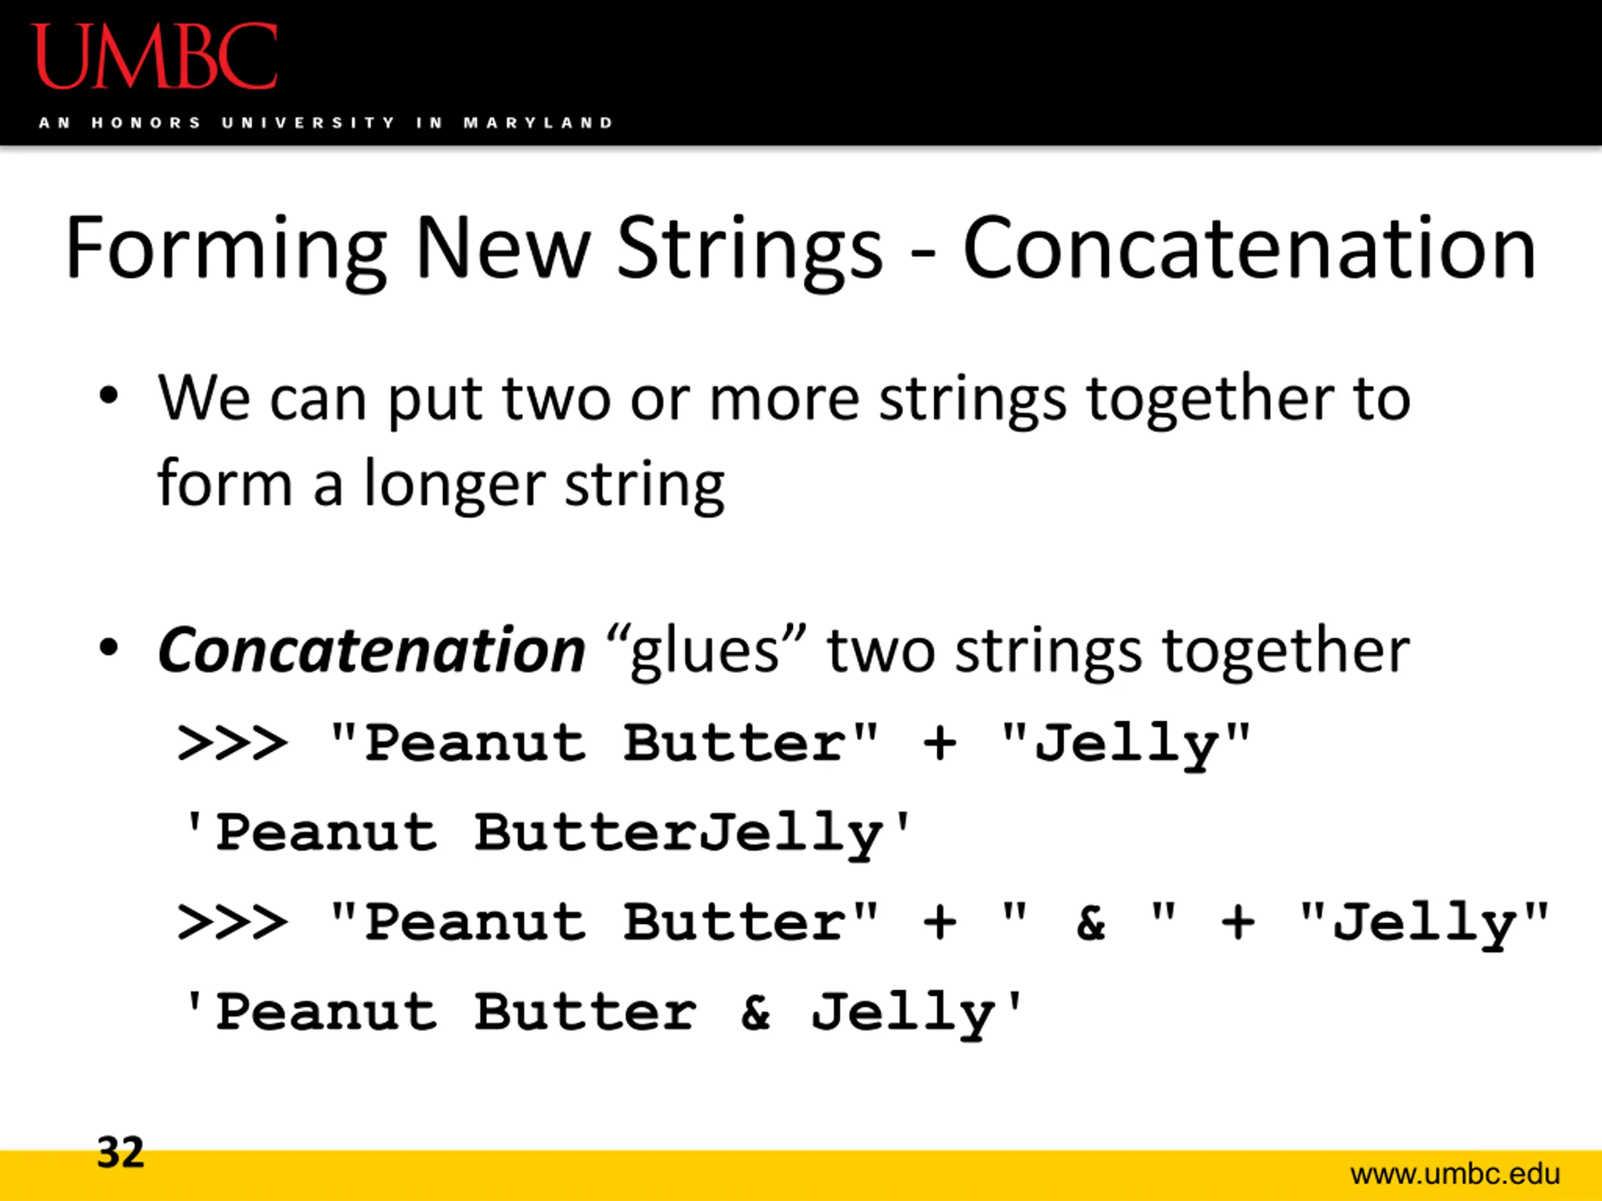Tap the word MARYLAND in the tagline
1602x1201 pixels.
coord(539,123)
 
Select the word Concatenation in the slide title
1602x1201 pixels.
coord(1248,248)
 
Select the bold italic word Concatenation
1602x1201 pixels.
coord(371,650)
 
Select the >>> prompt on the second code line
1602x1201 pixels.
coord(232,922)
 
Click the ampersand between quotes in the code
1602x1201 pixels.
coord(1091,922)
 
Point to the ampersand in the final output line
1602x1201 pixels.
coord(755,1012)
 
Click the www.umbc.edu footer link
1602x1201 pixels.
coord(1455,1173)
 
